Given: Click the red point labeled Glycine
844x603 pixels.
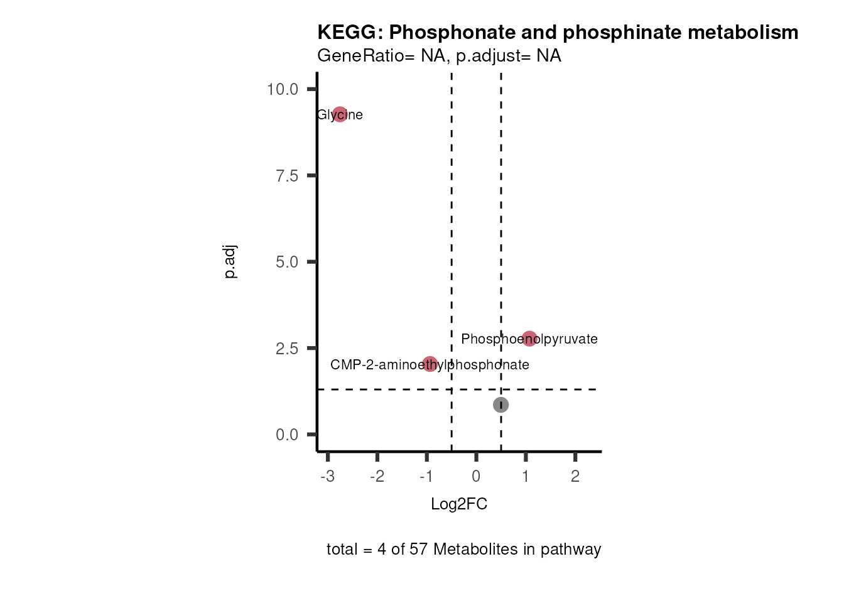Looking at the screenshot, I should click(340, 114).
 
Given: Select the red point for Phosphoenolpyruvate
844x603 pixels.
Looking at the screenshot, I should click(529, 339).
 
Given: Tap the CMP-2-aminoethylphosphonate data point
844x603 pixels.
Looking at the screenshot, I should click(430, 364).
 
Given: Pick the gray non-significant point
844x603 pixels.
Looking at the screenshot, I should click(500, 405).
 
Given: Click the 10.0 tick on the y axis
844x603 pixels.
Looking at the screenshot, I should click(283, 89).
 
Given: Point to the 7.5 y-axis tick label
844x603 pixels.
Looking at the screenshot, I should click(287, 176).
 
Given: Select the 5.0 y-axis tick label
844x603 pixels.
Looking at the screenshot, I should click(287, 262).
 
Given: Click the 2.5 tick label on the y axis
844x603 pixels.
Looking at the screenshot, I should click(287, 349).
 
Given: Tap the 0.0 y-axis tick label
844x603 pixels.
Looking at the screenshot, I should click(287, 435).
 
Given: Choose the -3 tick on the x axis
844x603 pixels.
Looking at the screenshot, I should click(327, 476).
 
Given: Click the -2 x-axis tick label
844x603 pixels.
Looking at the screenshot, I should click(377, 476).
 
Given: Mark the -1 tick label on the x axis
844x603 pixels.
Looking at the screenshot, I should click(426, 476).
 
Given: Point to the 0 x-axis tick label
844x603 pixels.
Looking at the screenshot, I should click(476, 476).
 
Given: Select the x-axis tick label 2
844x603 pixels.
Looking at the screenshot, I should click(575, 476).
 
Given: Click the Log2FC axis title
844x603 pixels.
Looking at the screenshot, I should click(459, 504).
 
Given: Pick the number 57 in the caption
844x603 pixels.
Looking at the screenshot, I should click(418, 550).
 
